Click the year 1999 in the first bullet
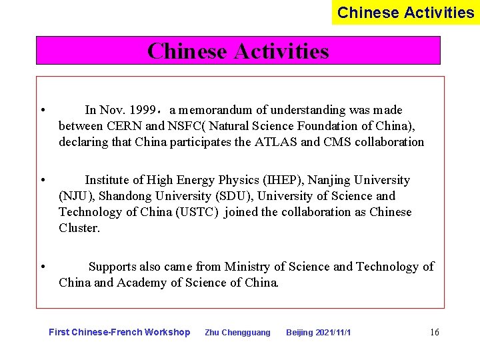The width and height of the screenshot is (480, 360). [144, 110]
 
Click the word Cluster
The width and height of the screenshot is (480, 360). [79, 228]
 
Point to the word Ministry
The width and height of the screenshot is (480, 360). [248, 267]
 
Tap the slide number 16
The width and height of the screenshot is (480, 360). [435, 332]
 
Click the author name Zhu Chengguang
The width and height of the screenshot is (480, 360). [237, 333]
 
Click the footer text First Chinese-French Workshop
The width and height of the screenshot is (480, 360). [119, 332]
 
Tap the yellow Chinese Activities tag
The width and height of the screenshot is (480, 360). [405, 13]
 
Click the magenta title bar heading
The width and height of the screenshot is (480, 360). [238, 51]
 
